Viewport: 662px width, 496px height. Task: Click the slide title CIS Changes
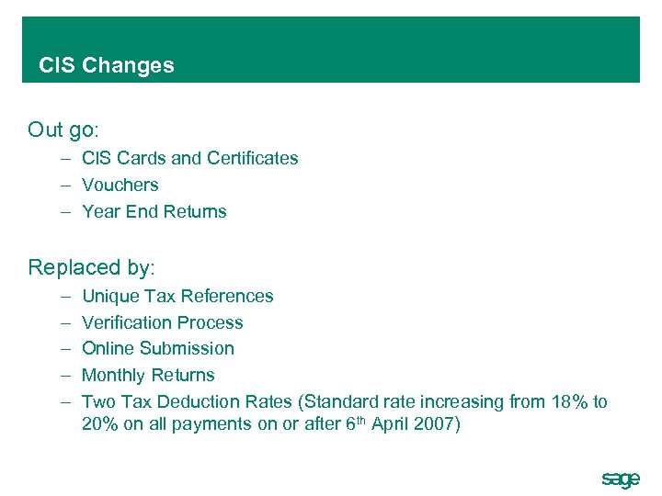click(106, 65)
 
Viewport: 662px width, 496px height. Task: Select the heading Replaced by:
click(92, 267)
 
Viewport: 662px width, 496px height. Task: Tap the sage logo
click(620, 479)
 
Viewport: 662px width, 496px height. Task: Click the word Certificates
click(252, 158)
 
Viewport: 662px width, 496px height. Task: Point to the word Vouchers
click(120, 185)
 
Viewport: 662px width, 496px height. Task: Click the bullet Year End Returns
click(154, 211)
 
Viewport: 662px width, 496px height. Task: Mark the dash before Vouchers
click(67, 185)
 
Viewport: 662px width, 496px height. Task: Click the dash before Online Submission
click(67, 348)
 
